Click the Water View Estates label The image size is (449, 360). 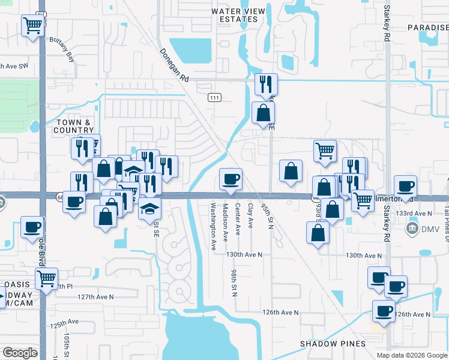click(235, 15)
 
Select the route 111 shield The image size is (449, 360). click(214, 98)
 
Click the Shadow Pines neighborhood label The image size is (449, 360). click(333, 344)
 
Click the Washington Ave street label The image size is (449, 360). click(213, 226)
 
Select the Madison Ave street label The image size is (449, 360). click(225, 221)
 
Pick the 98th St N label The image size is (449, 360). click(234, 281)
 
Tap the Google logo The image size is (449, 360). click(20, 352)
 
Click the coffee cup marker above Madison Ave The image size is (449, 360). click(231, 179)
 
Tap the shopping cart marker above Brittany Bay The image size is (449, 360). click(33, 26)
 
